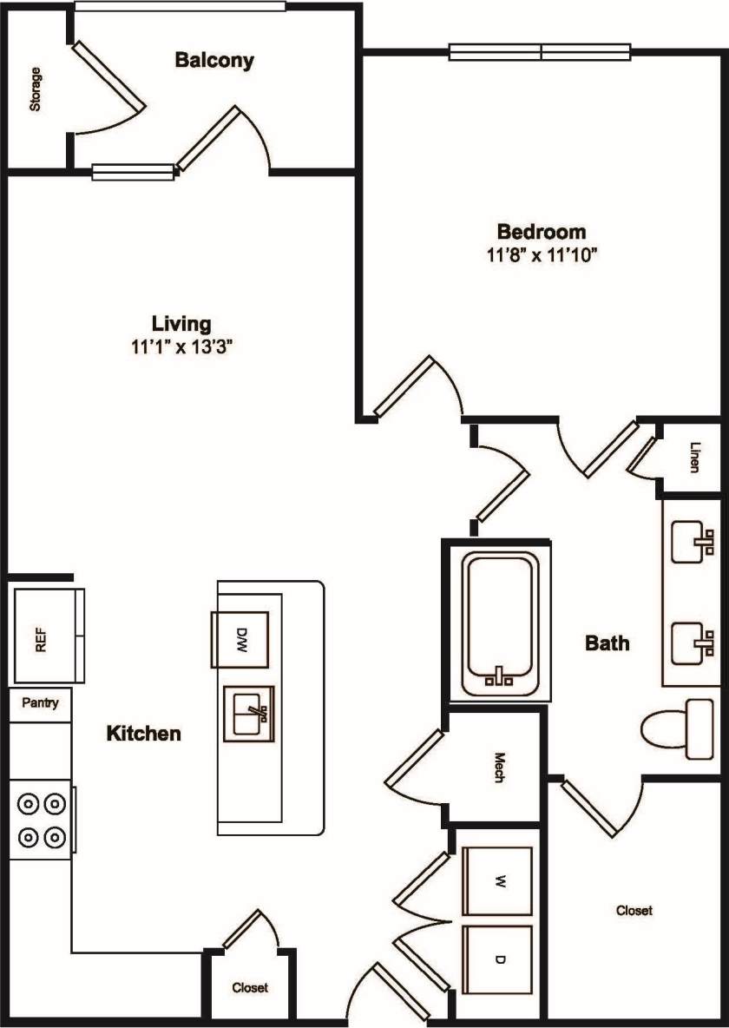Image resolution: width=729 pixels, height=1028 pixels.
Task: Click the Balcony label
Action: click(x=214, y=61)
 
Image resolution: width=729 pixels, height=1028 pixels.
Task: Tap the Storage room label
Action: click(x=36, y=89)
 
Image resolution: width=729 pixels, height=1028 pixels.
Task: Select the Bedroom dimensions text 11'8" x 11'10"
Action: click(x=542, y=255)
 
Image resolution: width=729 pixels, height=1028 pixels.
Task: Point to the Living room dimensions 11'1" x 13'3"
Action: click(x=181, y=346)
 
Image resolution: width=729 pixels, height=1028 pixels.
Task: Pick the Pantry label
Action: click(x=40, y=702)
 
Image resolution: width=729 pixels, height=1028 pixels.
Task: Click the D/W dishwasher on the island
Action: click(x=242, y=640)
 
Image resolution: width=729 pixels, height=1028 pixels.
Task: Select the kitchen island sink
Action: click(x=249, y=713)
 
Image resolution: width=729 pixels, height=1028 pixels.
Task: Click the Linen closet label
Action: click(x=694, y=458)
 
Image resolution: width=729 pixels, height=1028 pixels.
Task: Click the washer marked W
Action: click(x=498, y=881)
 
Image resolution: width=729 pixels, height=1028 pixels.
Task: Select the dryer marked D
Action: click(x=498, y=959)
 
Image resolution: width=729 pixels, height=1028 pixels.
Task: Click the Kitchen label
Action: click(x=144, y=734)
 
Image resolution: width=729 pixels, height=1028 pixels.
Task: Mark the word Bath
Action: click(x=607, y=643)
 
